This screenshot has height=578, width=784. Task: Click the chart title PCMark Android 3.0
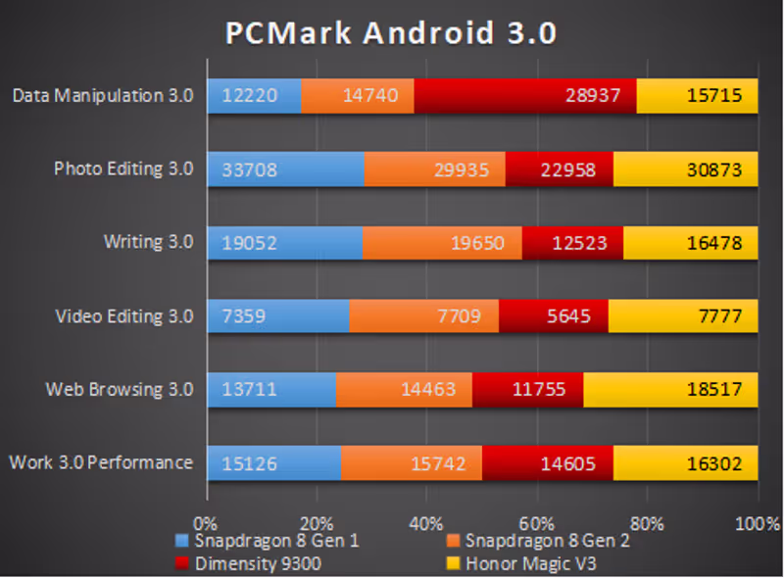pyautogui.click(x=391, y=34)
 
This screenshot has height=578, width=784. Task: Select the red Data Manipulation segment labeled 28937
pyautogui.click(x=525, y=96)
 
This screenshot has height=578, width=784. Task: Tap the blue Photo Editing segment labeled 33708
pyautogui.click(x=284, y=169)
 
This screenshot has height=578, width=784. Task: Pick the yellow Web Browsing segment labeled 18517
pyautogui.click(x=670, y=390)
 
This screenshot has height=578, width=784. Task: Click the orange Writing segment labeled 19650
pyautogui.click(x=442, y=243)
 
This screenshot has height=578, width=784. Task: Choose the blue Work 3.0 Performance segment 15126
pyautogui.click(x=273, y=463)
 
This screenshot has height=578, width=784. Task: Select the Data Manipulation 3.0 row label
pyautogui.click(x=103, y=95)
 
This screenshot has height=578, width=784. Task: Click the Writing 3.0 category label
pyautogui.click(x=148, y=242)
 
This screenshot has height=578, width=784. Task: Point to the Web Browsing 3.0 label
pyautogui.click(x=119, y=389)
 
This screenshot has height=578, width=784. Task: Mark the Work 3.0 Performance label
pyautogui.click(x=100, y=462)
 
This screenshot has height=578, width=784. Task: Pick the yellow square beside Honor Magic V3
pyautogui.click(x=453, y=562)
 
